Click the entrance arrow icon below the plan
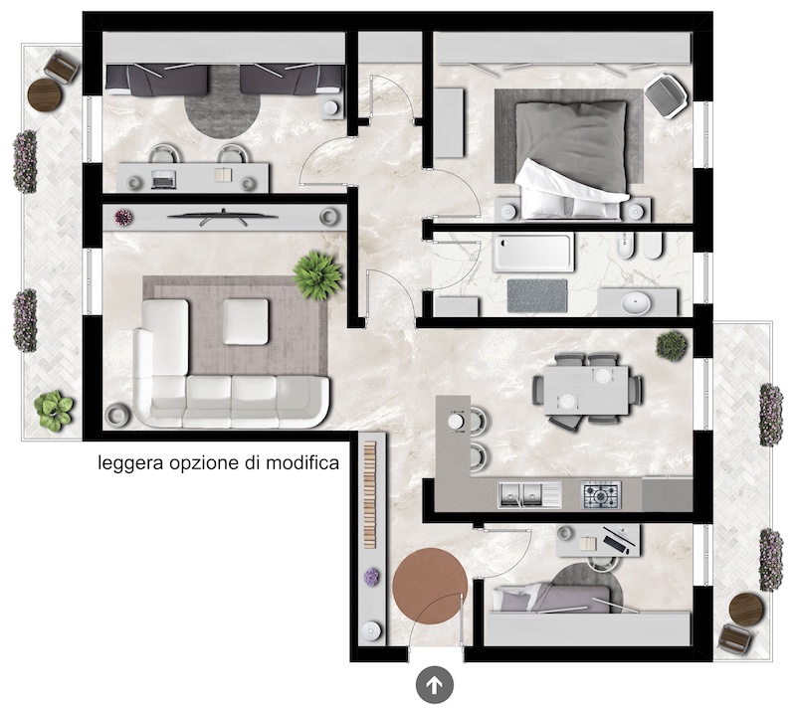point(434,686)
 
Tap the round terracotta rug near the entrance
point(430,585)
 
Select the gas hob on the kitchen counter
point(601,495)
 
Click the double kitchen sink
point(529,495)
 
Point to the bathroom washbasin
point(636,303)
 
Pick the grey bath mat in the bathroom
point(537,295)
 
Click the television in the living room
point(223,217)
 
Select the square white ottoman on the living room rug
point(245,322)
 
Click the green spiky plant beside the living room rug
point(317,275)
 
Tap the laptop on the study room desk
point(164,179)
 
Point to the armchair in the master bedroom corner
point(666,95)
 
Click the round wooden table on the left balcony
point(45,93)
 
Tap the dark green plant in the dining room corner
point(672,345)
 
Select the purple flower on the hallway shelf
point(371,577)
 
